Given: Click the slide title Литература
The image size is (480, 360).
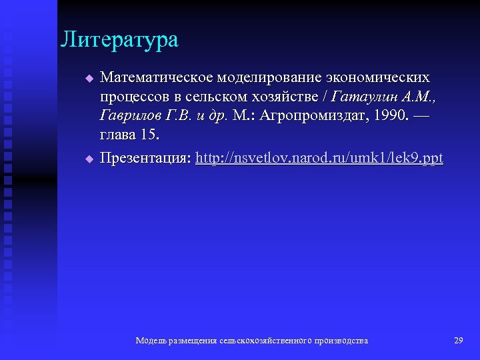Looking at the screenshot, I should tap(119, 39).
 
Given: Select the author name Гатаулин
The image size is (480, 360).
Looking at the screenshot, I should tap(368, 97).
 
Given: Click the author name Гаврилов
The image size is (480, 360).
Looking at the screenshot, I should tap(130, 117).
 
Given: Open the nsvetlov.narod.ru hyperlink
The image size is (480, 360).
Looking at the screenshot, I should tap(319, 159).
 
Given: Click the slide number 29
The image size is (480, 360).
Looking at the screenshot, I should tap(458, 341).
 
